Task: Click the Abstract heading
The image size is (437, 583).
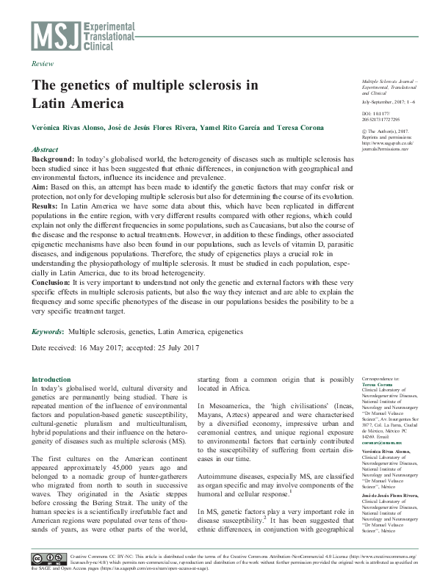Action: coord(46,148)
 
